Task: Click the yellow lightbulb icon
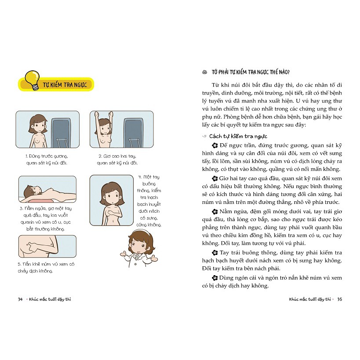point(33,80)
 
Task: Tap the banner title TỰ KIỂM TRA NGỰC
point(65,85)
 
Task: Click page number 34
point(20,299)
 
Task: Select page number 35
point(340,299)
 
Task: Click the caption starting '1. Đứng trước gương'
point(47,160)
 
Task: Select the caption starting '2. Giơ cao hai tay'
point(117,160)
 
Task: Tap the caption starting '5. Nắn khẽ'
point(46,268)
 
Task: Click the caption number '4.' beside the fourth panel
point(140,177)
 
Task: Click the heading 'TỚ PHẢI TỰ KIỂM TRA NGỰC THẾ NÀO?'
point(251,72)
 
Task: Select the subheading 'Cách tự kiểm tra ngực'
point(238,136)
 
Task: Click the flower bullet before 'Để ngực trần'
point(215,145)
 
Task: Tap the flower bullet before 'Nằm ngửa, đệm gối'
point(215,211)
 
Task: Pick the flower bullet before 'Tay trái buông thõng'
point(215,253)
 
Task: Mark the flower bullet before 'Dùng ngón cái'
point(215,278)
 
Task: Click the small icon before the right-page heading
point(204,73)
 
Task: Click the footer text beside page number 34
point(50,299)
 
